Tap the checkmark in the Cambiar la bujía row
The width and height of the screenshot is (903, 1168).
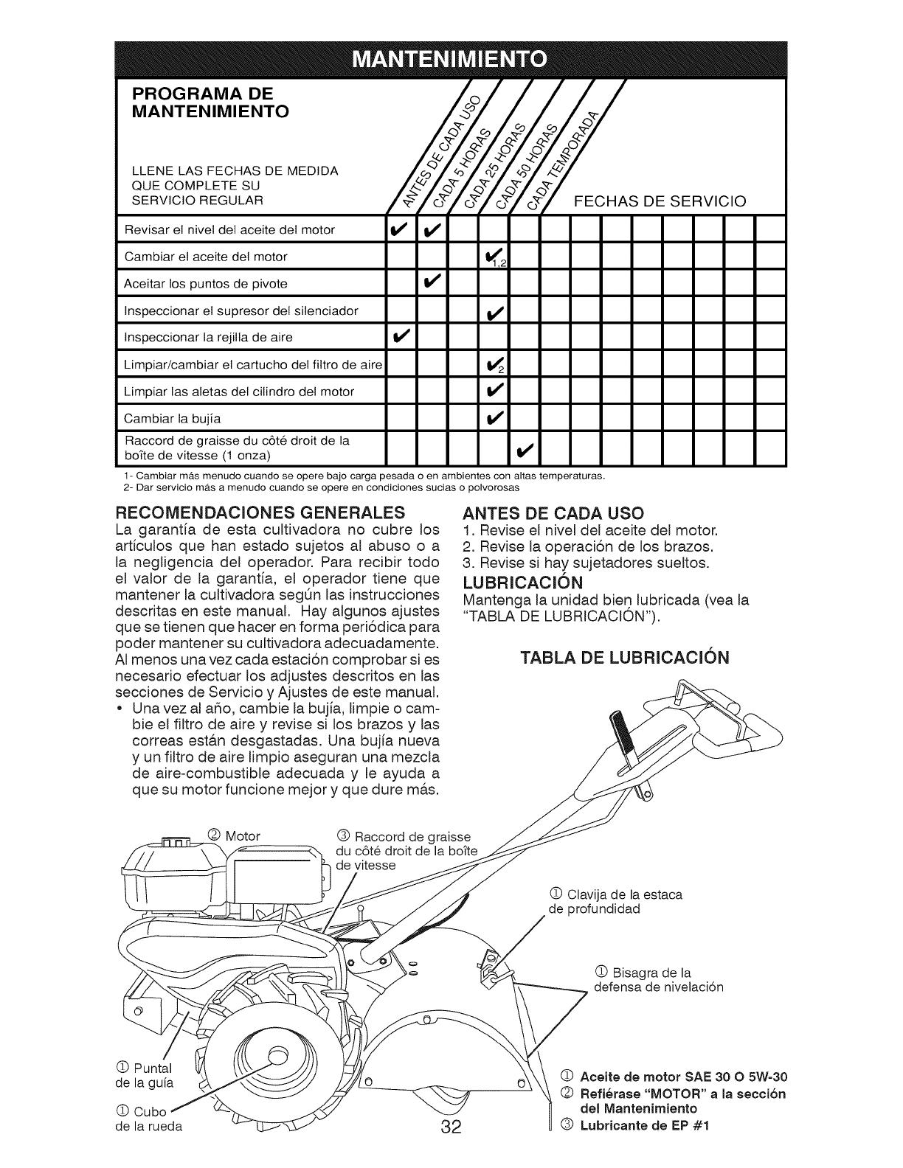493,419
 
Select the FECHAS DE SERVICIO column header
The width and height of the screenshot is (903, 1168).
659,201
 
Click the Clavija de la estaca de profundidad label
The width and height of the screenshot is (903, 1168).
616,901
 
